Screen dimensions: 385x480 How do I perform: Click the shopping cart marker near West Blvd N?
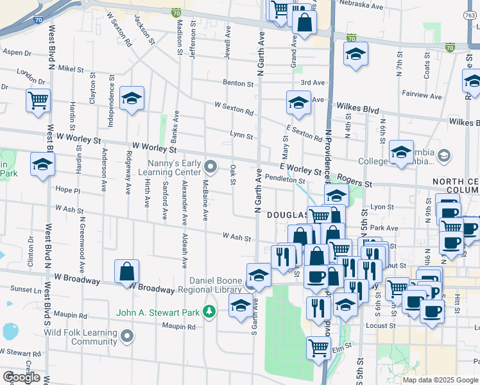click(38, 100)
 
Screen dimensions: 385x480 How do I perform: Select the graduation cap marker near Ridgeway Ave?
click(132, 98)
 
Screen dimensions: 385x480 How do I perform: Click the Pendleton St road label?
click(284, 180)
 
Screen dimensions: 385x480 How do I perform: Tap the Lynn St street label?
click(241, 136)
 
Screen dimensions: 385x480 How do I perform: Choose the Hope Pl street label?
click(67, 190)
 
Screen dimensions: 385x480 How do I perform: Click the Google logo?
click(21, 377)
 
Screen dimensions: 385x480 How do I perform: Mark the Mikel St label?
click(66, 67)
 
